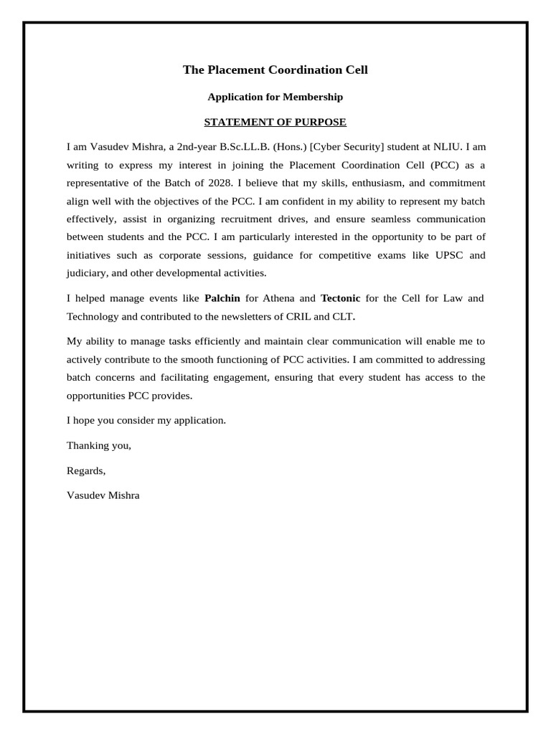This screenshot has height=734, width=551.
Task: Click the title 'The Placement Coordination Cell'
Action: (x=275, y=70)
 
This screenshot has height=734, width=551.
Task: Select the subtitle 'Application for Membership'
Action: (x=275, y=97)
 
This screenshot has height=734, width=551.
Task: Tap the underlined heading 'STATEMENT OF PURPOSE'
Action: (x=275, y=122)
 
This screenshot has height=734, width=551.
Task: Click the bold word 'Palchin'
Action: (x=222, y=297)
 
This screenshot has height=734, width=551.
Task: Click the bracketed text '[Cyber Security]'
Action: (x=347, y=146)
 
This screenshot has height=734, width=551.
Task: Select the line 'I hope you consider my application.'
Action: (x=146, y=420)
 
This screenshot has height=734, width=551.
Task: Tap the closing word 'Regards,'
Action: (x=86, y=470)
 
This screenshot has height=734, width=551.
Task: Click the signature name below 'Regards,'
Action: (x=103, y=495)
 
